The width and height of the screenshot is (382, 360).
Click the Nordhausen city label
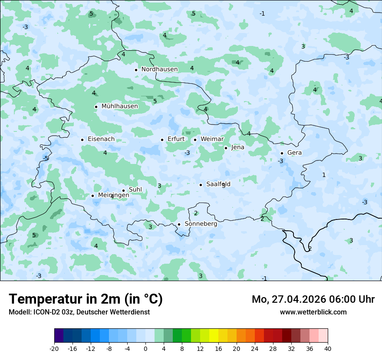(159, 69)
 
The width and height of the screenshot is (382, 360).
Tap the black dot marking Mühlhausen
(96, 107)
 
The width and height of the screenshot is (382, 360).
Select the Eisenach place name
(101, 139)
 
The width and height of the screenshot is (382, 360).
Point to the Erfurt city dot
(162, 140)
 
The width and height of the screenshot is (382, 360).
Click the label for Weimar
(212, 139)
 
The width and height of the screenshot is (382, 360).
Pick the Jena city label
(237, 147)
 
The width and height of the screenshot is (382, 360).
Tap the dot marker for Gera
(282, 153)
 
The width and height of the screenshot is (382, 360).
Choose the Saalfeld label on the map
(218, 184)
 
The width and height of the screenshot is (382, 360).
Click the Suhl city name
(135, 190)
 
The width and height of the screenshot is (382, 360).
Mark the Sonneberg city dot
(179, 225)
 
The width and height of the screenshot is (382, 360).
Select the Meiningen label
(113, 195)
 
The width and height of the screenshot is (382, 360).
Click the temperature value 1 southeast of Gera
(323, 175)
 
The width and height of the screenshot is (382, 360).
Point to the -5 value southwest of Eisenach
(46, 158)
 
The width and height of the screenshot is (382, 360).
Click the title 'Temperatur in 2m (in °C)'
(86, 299)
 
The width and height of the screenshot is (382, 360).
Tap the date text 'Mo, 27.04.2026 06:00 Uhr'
(313, 299)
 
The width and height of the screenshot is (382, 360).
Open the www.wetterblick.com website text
(313, 312)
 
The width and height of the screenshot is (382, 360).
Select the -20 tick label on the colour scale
(54, 349)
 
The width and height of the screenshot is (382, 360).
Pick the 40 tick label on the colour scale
(328, 349)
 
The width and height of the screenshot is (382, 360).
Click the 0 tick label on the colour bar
(145, 349)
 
